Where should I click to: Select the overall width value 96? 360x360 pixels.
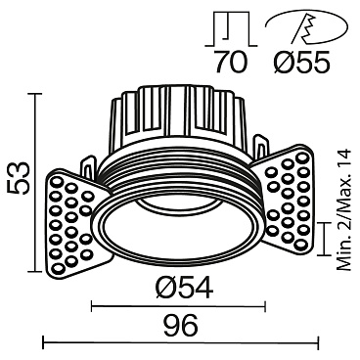click(181, 324)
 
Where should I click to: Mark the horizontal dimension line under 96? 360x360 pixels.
click(181, 342)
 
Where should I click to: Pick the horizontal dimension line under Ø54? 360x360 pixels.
click(182, 306)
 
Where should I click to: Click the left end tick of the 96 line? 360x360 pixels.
click(44, 342)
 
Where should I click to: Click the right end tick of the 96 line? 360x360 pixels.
click(319, 342)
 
